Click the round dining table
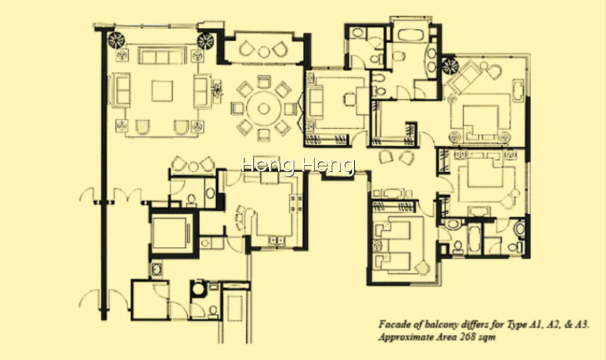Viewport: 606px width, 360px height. click(x=263, y=109)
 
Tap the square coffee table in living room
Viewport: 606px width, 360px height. click(x=162, y=91)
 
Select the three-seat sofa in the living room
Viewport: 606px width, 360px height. click(x=162, y=56)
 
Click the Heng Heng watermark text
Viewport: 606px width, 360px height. click(x=299, y=166)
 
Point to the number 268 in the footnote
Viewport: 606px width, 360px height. click(x=468, y=337)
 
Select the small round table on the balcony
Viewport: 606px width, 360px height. click(x=263, y=52)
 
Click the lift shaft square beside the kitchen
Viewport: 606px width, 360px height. click(x=170, y=233)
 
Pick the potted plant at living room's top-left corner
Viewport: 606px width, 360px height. click(x=116, y=40)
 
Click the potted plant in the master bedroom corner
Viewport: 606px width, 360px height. click(x=450, y=66)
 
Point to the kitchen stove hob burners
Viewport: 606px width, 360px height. click(x=296, y=203)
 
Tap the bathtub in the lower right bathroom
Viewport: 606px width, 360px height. click(x=474, y=239)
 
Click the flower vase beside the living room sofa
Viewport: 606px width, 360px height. click(x=217, y=90)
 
